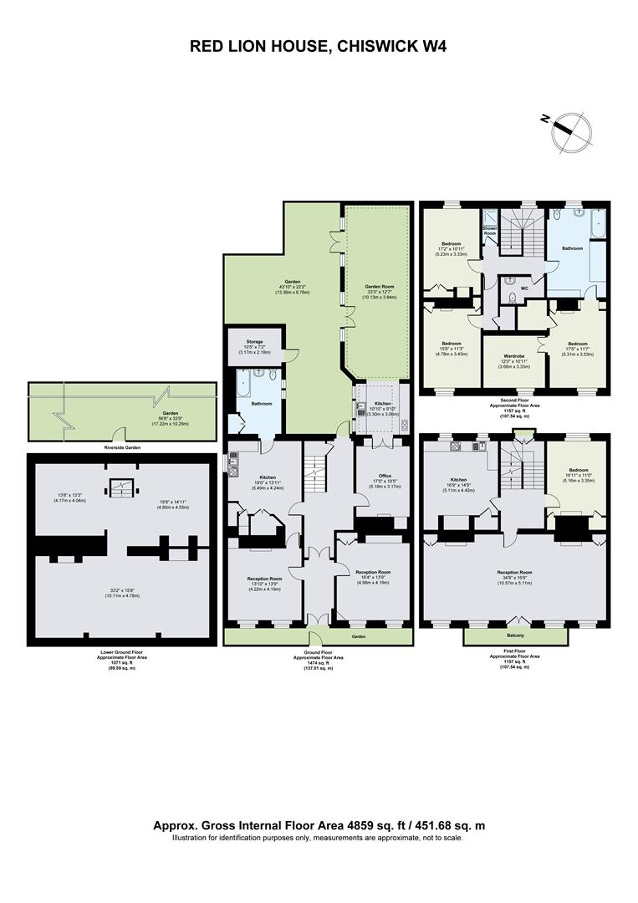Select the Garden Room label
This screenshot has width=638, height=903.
[x=377, y=286]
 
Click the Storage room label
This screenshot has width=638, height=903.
[x=254, y=341]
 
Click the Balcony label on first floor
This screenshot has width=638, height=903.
[x=515, y=635]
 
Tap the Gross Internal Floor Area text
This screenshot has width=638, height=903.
[x=319, y=825]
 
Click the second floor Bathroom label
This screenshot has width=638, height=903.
[x=572, y=248]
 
